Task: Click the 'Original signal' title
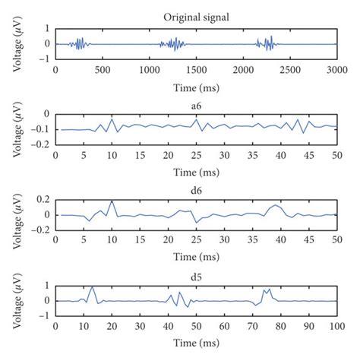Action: click(x=197, y=17)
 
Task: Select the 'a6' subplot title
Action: click(x=197, y=102)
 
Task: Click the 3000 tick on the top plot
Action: click(x=336, y=69)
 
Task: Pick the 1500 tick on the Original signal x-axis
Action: click(x=196, y=69)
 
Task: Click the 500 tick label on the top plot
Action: click(x=103, y=69)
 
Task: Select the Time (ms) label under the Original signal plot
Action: click(x=197, y=83)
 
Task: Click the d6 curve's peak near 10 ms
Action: click(x=112, y=201)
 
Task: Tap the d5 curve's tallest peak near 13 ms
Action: click(x=92, y=287)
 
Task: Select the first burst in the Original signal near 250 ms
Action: click(x=79, y=44)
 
